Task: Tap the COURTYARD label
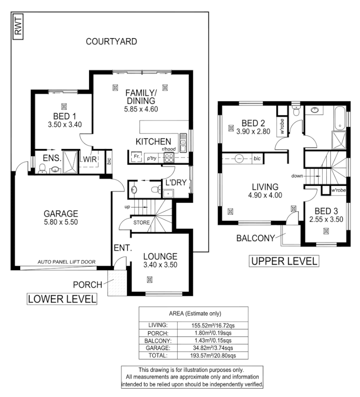point(111,42)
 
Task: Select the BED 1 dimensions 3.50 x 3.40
point(64,124)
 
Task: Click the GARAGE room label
point(61,214)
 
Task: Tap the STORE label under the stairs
point(142,223)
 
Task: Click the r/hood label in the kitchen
point(168,149)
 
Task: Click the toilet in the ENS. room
point(42,169)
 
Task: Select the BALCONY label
point(255,239)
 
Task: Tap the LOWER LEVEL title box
point(62,299)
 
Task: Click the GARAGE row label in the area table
point(158,348)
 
